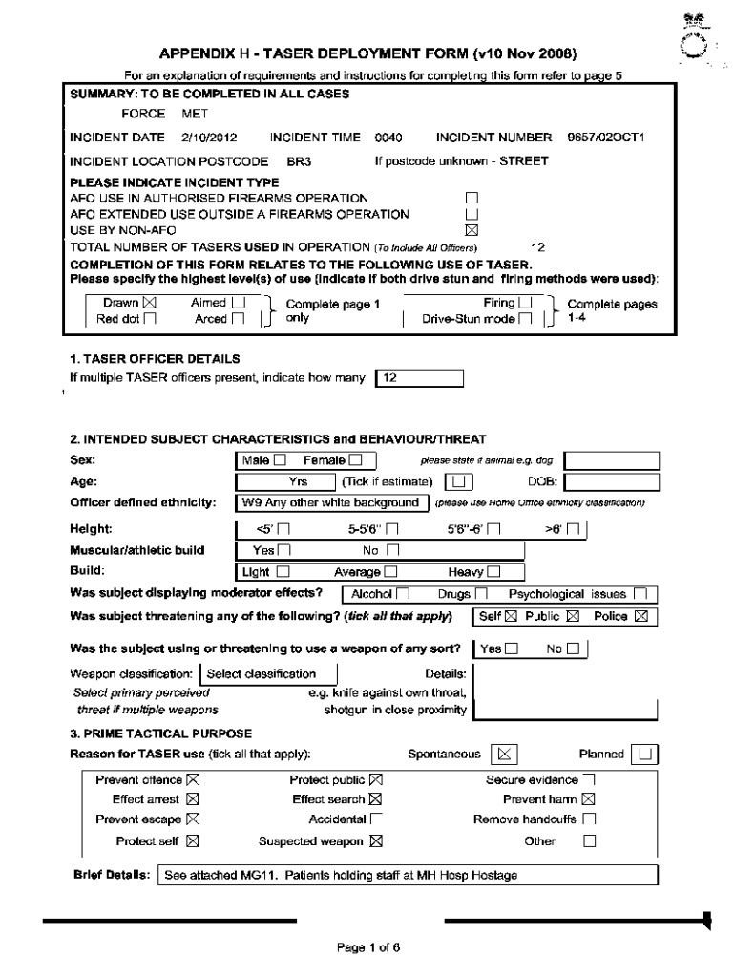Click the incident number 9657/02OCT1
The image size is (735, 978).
coord(606,138)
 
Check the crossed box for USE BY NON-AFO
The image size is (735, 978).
coord(470,229)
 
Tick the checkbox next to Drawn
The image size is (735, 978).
coord(149,303)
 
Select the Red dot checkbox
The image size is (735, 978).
coord(149,319)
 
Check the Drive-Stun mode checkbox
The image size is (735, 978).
coord(526,319)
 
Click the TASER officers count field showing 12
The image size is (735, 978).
coord(420,378)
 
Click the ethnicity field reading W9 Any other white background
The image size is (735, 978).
coord(329,502)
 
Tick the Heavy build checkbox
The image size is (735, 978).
coord(493,572)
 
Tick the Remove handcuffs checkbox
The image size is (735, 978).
coord(589,819)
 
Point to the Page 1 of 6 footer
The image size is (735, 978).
coord(367,948)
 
